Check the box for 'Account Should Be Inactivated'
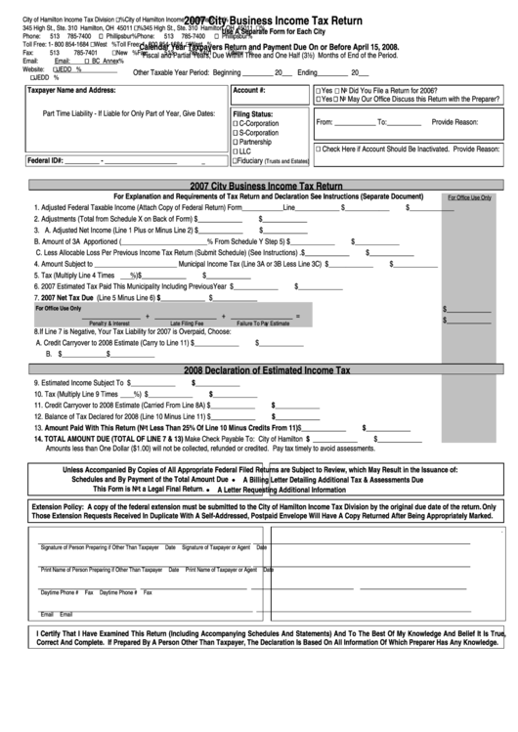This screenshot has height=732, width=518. tap(319, 149)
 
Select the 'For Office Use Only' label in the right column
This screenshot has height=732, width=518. tap(469, 196)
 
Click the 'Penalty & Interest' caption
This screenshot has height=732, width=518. tap(108, 323)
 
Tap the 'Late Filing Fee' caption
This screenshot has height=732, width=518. tap(186, 323)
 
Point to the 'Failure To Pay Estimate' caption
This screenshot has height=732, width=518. tap(263, 323)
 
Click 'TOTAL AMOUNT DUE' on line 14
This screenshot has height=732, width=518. tap(87, 439)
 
